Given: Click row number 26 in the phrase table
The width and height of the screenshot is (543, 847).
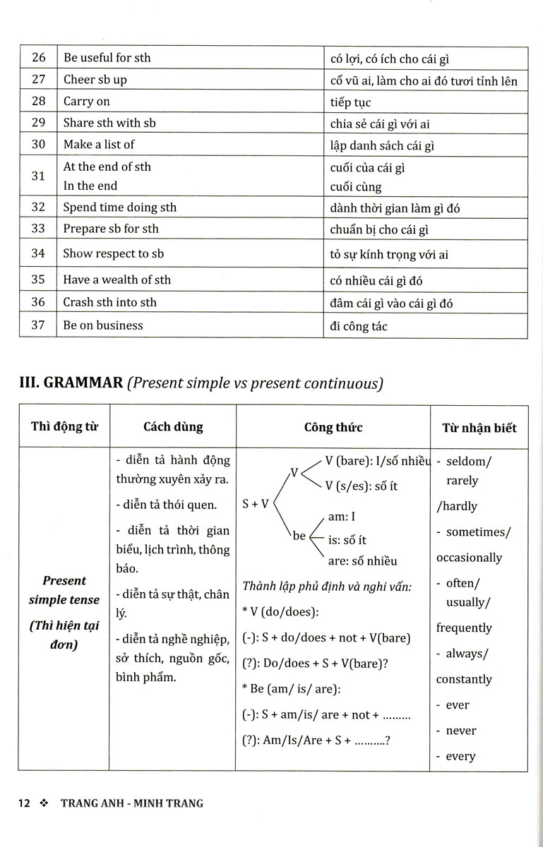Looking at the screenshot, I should click(x=38, y=58).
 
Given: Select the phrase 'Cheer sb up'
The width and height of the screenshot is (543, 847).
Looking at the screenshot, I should click(x=95, y=80).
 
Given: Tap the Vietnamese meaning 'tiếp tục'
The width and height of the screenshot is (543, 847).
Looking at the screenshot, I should click(x=350, y=102).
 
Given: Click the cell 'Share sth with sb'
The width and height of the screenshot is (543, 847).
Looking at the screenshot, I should click(x=109, y=123).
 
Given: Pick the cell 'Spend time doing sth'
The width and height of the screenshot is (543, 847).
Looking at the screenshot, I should click(x=120, y=208).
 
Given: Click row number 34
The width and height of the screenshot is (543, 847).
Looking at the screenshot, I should click(x=38, y=253).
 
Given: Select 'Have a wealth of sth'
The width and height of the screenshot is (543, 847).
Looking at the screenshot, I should click(x=117, y=280).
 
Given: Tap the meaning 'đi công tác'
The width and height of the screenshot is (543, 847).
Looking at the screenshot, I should click(x=359, y=326).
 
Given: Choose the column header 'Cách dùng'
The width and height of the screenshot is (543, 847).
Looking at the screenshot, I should click(x=173, y=427).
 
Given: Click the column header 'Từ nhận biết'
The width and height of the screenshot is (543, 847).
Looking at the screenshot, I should click(x=479, y=428).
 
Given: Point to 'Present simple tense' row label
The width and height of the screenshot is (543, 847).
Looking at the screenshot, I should click(x=64, y=590).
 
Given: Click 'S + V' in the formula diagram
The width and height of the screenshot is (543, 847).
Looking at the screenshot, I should click(x=256, y=504).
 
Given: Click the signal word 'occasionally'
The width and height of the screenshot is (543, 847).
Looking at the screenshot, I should click(x=469, y=558).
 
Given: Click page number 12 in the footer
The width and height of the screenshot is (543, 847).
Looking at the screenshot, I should click(x=25, y=803).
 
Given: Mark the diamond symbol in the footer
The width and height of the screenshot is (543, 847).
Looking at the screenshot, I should click(x=45, y=803).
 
